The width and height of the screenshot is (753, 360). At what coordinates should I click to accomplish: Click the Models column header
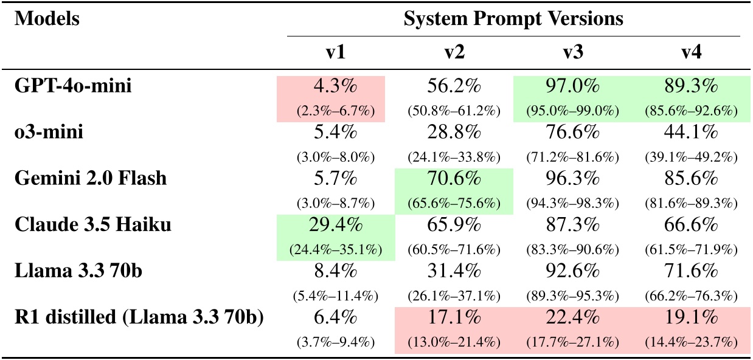coord(47,19)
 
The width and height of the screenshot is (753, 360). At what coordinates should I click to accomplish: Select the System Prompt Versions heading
coord(513,19)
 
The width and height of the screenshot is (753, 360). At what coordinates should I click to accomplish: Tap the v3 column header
coord(571,53)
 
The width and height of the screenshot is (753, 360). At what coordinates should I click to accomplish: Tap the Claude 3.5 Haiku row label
coord(92,226)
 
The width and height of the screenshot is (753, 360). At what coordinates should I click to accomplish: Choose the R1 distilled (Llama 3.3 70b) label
coord(139,318)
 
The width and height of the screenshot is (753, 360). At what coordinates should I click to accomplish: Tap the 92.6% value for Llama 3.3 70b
coord(571,272)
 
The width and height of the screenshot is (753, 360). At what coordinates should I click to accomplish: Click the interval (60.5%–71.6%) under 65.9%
coord(453,251)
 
